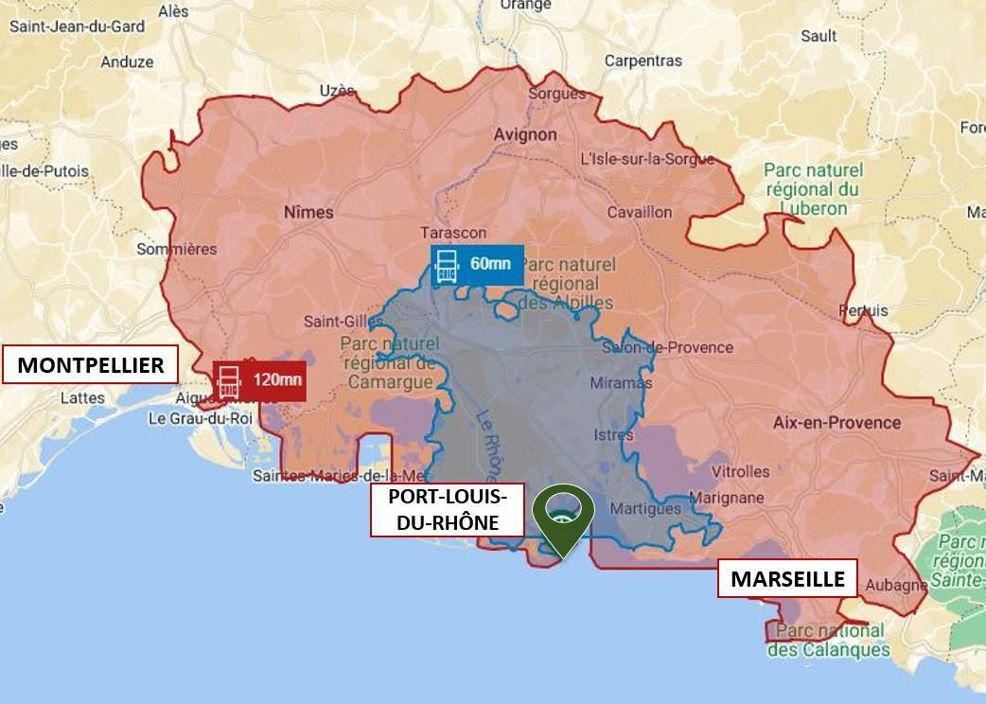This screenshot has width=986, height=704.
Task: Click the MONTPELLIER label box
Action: pyautogui.click(x=90, y=365)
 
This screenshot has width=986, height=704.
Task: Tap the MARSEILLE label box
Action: pyautogui.click(x=787, y=579)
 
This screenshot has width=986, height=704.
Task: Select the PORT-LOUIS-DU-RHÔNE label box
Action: pyautogui.click(x=447, y=510)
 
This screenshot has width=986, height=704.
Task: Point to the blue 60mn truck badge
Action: pyautogui.click(x=477, y=265)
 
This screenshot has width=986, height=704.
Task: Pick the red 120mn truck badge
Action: pyautogui.click(x=260, y=381)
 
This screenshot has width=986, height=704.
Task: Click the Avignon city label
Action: pyautogui.click(x=525, y=134)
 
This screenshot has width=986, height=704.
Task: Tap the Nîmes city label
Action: pyautogui.click(x=308, y=212)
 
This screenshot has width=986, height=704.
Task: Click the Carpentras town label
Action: pyautogui.click(x=643, y=61)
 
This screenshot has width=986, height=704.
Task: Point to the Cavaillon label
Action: pyautogui.click(x=640, y=212)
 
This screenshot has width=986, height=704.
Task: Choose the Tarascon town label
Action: pyautogui.click(x=453, y=233)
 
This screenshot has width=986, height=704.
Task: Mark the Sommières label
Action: pyautogui.click(x=177, y=249)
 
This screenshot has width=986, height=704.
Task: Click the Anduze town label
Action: pyautogui.click(x=127, y=62)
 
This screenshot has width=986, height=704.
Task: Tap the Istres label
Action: pyautogui.click(x=613, y=435)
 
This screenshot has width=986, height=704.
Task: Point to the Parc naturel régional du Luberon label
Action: pyautogui.click(x=813, y=189)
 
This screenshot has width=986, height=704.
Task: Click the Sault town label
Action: pyautogui.click(x=819, y=36)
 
